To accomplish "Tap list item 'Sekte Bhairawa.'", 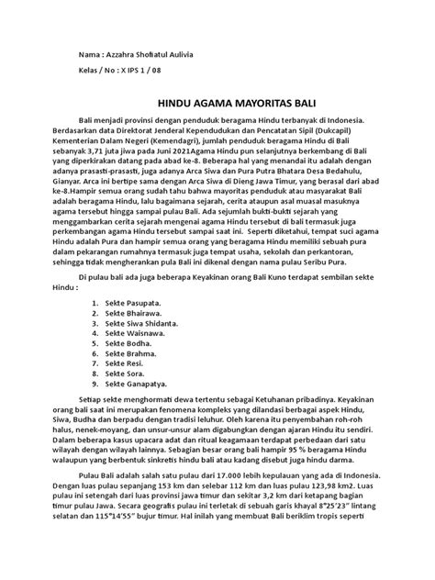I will pyautogui.click(x=136, y=288).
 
